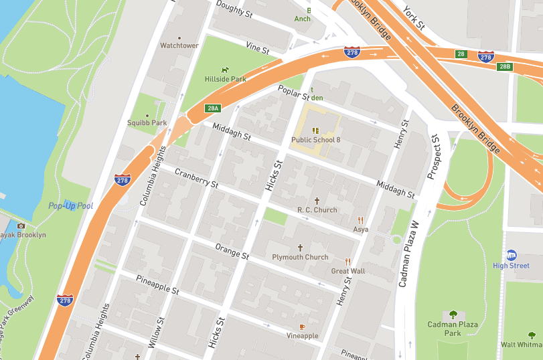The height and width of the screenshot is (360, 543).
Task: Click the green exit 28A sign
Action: (x=213, y=108)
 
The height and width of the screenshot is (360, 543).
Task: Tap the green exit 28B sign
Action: (x=505, y=66)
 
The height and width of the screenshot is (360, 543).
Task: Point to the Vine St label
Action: (x=257, y=48)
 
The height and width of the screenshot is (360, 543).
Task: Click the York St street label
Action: (x=412, y=17)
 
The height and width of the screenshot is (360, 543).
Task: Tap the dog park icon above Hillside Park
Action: (x=226, y=69)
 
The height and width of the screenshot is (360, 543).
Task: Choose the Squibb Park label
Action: (x=147, y=122)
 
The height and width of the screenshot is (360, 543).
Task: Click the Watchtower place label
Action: (x=179, y=46)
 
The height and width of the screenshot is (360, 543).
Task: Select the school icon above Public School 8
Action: (x=316, y=130)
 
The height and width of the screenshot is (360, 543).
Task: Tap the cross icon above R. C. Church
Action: (x=317, y=200)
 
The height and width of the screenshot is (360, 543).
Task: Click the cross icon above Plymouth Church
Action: (x=300, y=247)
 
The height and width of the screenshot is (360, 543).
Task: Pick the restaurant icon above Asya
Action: (x=361, y=219)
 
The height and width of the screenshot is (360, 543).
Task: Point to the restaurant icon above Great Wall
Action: (x=347, y=261)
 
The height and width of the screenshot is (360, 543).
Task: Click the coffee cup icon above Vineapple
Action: (x=302, y=326)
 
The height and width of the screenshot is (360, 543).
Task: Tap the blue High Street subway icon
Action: (x=512, y=255)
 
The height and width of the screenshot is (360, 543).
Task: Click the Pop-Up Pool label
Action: (x=71, y=205)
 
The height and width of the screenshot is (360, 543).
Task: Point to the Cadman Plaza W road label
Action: (x=409, y=254)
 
